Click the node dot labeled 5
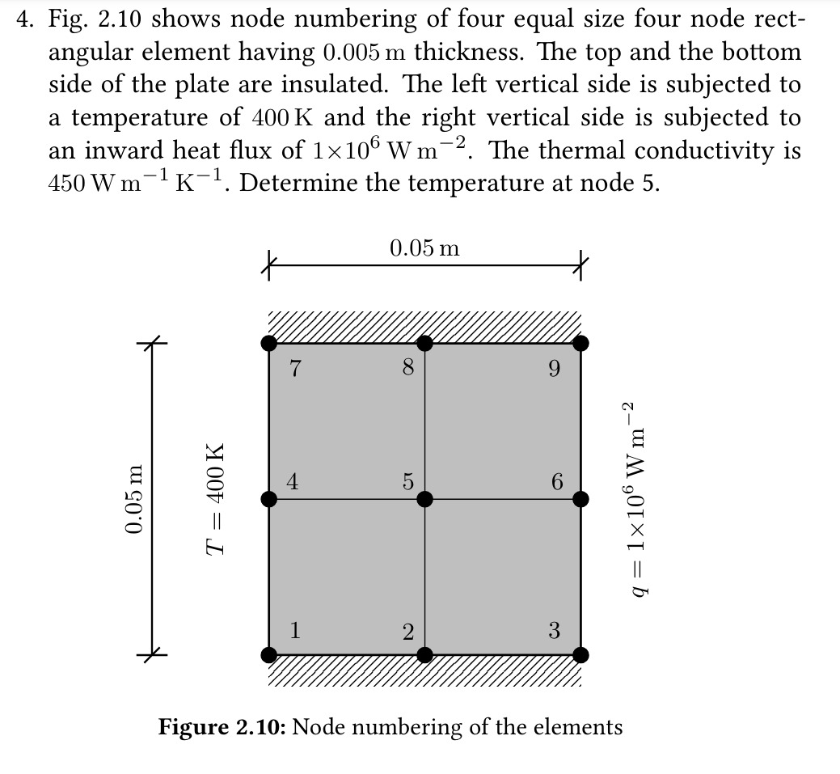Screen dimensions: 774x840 click(x=425, y=498)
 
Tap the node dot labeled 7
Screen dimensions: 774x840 click(x=269, y=343)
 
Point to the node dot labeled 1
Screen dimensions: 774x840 click(x=269, y=653)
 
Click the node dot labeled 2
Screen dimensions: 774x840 click(x=425, y=653)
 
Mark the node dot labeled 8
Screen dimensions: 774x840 click(x=425, y=343)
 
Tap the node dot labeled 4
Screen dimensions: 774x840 click(x=269, y=498)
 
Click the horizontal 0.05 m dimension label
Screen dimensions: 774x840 click(x=424, y=248)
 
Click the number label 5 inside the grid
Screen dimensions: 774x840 click(x=407, y=483)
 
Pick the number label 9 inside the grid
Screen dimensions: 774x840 click(x=554, y=370)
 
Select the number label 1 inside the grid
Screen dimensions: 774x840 click(x=296, y=629)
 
